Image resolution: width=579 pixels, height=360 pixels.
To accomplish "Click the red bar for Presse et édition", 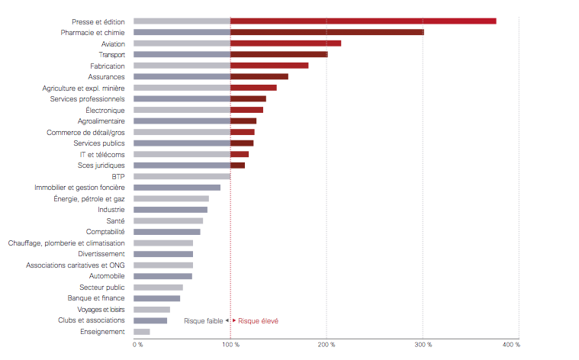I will pos(363,21).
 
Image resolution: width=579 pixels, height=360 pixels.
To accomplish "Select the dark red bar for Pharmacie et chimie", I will pos(327,33).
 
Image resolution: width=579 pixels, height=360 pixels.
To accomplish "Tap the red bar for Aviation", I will pos(285,43).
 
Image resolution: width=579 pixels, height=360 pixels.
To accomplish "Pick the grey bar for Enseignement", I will pos(142,332).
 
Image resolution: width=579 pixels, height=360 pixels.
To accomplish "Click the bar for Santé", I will pos(168,220).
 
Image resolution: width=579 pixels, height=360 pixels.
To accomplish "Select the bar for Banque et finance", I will pos(156,298).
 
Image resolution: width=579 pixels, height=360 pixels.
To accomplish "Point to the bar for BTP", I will pos(182,176).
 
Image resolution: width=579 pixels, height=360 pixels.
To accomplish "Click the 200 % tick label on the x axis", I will pos(327,346).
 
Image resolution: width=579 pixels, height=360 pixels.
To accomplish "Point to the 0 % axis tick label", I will pos(138,346).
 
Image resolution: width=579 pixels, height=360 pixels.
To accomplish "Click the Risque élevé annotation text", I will pos(258,321).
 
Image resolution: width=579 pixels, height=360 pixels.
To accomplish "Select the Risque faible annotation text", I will pos(203,321).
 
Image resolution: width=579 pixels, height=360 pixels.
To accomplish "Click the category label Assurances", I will pos(106,77).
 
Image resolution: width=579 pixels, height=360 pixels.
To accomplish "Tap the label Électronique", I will pos(105,110).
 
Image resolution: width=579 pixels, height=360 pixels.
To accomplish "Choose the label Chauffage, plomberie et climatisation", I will pos(66,243).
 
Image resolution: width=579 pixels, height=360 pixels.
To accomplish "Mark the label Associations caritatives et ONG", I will pos(75,265).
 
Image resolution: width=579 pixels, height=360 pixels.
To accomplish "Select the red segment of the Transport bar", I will pos(278,55).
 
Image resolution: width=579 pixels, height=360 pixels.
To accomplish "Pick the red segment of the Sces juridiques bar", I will pos(237,166).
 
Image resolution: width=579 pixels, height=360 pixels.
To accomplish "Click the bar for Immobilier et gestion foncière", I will pos(177,188).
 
